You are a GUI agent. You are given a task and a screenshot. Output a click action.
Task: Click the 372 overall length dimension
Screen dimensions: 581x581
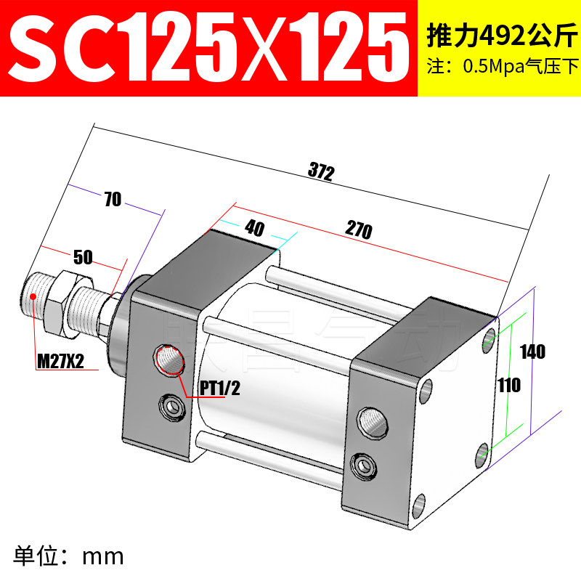point(321,171)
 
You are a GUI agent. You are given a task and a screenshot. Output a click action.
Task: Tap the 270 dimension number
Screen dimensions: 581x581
point(359,229)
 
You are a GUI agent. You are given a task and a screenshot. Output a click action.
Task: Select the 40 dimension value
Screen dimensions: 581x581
point(255,228)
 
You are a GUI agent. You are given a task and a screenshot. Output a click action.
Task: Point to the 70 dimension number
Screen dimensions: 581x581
point(113,199)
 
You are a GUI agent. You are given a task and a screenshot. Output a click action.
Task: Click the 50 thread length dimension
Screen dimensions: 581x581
point(83,257)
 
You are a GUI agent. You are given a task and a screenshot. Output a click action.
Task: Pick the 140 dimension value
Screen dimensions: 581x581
point(532,352)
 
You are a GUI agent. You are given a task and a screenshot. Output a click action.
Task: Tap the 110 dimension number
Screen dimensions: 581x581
point(509,385)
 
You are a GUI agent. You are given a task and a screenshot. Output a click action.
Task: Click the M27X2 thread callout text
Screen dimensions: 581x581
point(60,361)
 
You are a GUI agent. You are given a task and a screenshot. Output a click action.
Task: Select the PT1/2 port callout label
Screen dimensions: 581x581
point(220,389)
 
